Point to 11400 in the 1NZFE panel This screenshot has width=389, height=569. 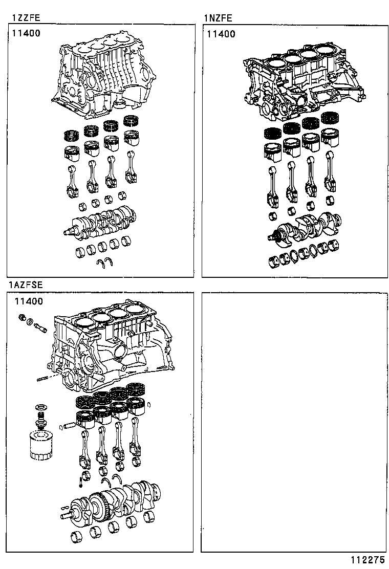pyautogui.click(x=221, y=34)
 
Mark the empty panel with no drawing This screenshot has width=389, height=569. pyautogui.click(x=294, y=422)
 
